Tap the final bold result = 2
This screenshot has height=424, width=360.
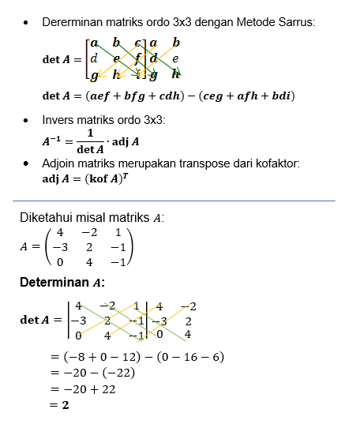click(x=59, y=405)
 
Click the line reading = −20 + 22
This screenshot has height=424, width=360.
click(x=84, y=389)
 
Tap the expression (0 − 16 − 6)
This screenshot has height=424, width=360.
click(x=189, y=357)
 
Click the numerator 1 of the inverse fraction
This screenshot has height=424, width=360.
click(x=90, y=133)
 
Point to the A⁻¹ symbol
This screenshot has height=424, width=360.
click(x=54, y=141)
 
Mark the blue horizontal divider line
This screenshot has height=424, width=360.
click(x=174, y=201)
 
